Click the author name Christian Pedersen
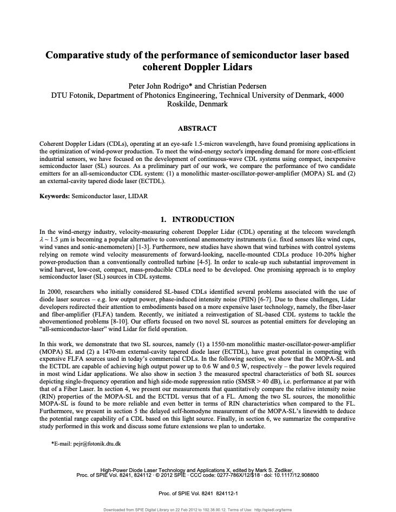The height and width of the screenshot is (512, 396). coord(237,86)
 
